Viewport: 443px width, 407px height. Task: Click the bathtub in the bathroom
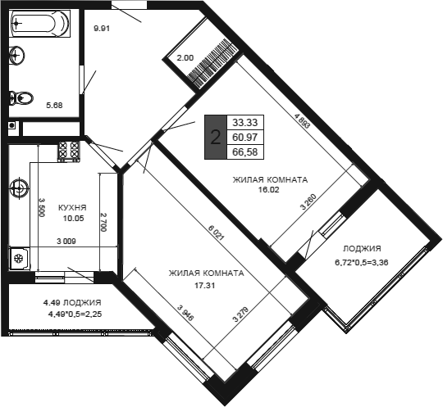pyautogui.click(x=40, y=24)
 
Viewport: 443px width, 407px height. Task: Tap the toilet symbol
pyautogui.click(x=21, y=98)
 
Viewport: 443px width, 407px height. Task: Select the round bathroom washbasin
pyautogui.click(x=17, y=55)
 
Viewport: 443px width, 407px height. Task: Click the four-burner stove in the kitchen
pyautogui.click(x=69, y=151)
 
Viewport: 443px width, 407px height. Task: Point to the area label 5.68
pyautogui.click(x=54, y=106)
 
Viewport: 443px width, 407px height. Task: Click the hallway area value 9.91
pyautogui.click(x=102, y=29)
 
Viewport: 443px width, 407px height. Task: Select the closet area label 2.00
pyautogui.click(x=185, y=58)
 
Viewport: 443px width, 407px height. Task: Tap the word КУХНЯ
pyautogui.click(x=72, y=208)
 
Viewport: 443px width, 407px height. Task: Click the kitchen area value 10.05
pyautogui.click(x=74, y=218)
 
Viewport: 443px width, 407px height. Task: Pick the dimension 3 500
pyautogui.click(x=42, y=207)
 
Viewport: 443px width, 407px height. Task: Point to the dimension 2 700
pyautogui.click(x=103, y=222)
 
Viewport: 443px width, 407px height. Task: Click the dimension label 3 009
pyautogui.click(x=66, y=241)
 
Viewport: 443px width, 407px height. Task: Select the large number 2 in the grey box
pyautogui.click(x=216, y=138)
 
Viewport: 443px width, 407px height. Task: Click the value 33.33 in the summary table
pyautogui.click(x=245, y=123)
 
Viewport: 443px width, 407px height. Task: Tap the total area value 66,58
pyautogui.click(x=245, y=152)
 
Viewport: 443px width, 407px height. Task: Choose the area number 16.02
pyautogui.click(x=269, y=189)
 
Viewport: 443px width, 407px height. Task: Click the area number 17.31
pyautogui.click(x=205, y=286)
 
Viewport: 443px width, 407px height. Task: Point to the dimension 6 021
pyautogui.click(x=217, y=232)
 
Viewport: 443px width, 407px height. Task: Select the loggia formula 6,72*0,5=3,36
pyautogui.click(x=362, y=263)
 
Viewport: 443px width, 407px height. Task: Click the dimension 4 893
pyautogui.click(x=302, y=120)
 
